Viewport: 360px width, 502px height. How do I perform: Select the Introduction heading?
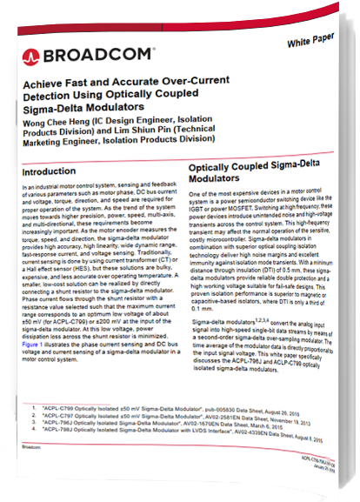(50, 172)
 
